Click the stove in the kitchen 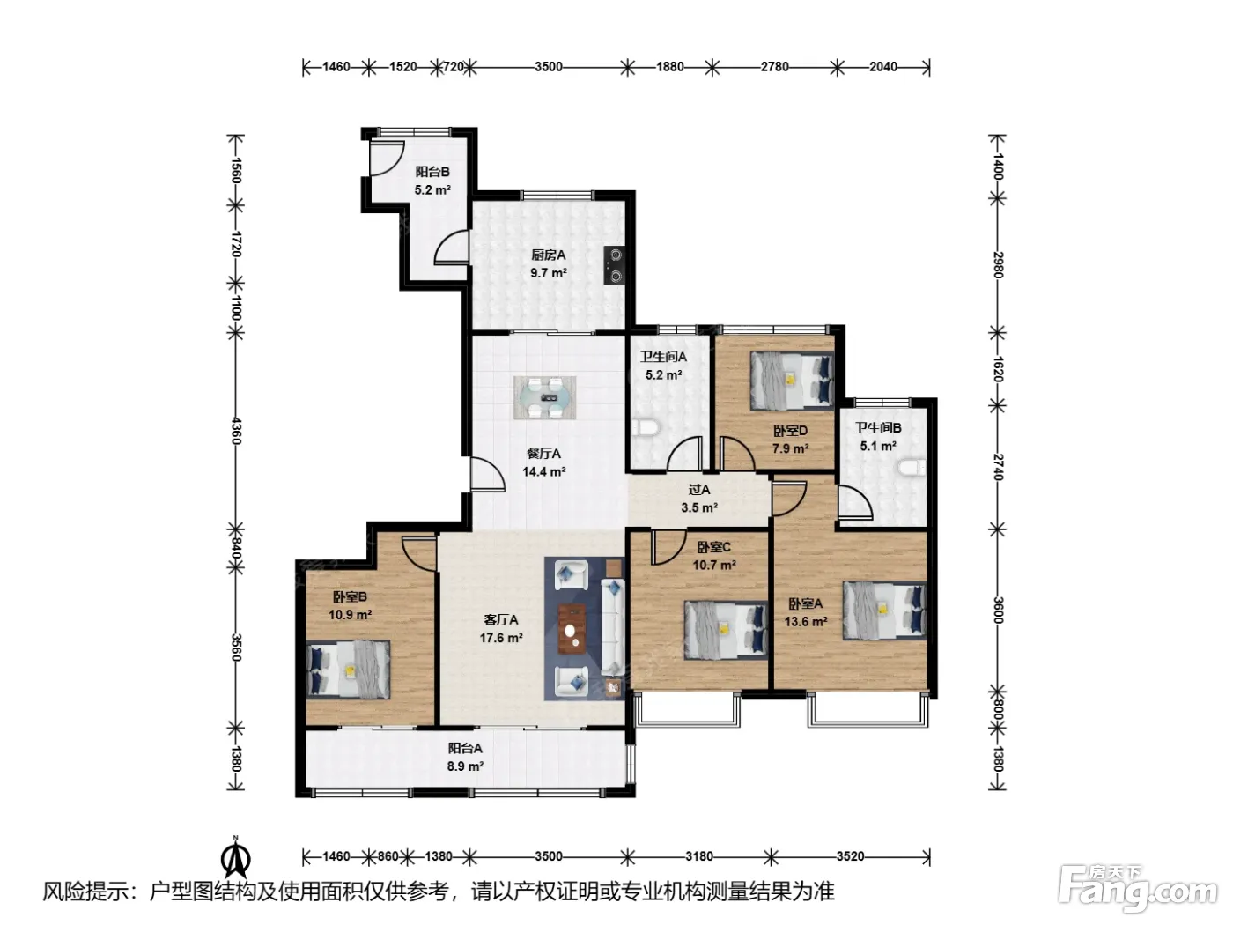click(x=614, y=264)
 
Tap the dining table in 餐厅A click(x=545, y=397)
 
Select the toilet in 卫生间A click(x=645, y=428)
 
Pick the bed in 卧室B click(x=348, y=670)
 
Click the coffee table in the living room click(x=572, y=629)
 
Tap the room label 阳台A click(x=465, y=748)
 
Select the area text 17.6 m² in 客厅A click(x=501, y=638)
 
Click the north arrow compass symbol click(x=236, y=857)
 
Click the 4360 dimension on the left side click(x=236, y=431)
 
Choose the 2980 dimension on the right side click(x=998, y=264)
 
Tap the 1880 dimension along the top click(x=670, y=67)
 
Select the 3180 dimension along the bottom click(x=699, y=856)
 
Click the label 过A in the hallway click(x=699, y=490)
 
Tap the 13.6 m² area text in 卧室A click(x=806, y=622)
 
